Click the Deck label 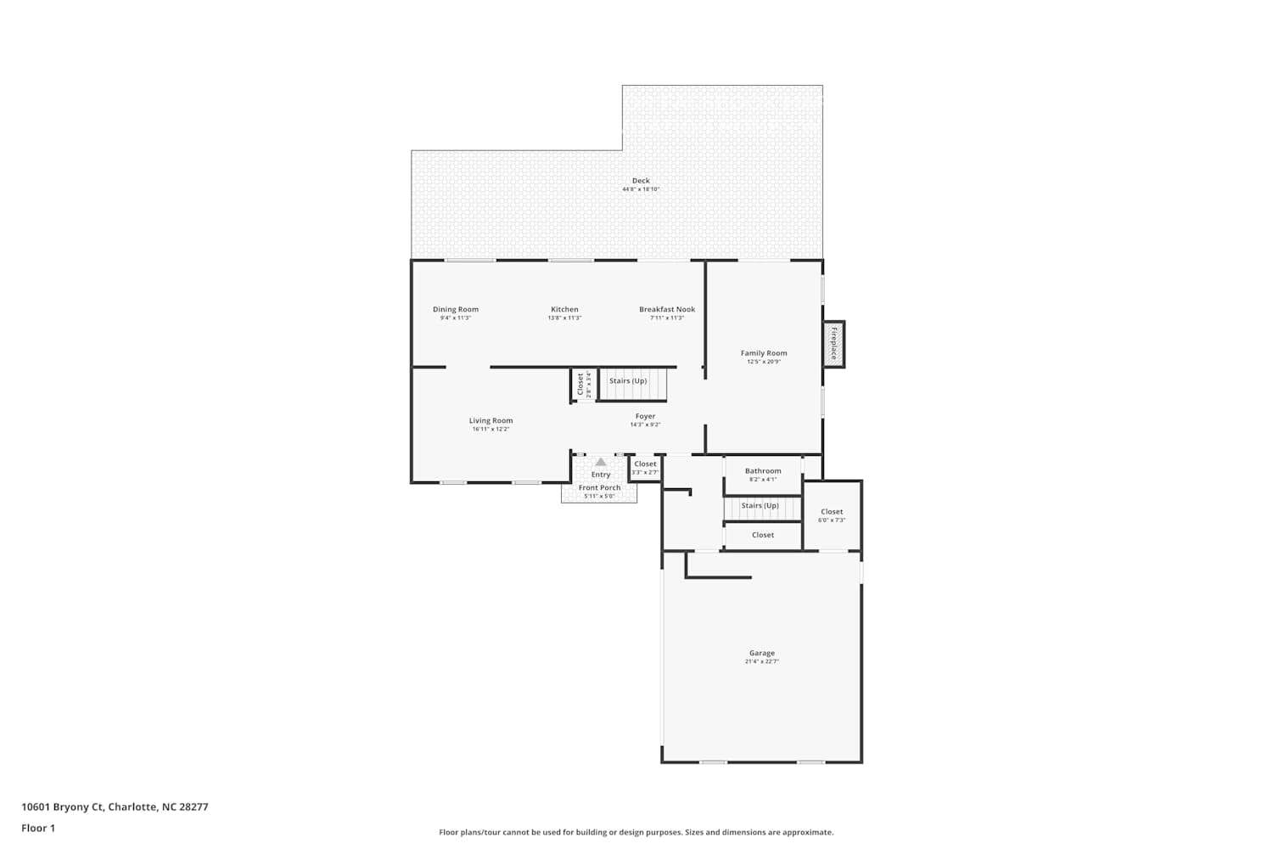[641, 181]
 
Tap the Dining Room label [456, 310]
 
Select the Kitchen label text [564, 310]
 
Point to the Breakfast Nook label [667, 310]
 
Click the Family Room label [764, 353]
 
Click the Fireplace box [833, 344]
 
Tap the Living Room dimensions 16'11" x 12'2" [491, 430]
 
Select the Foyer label [645, 417]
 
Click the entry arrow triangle [601, 463]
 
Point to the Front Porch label [599, 488]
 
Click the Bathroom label [763, 471]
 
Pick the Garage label [761, 654]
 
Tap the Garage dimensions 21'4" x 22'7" [761, 661]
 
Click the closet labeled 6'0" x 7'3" [832, 515]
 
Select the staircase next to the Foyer [632, 384]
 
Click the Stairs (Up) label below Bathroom [760, 506]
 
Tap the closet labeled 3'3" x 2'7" [645, 468]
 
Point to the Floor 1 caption [38, 829]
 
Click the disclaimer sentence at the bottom [636, 833]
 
